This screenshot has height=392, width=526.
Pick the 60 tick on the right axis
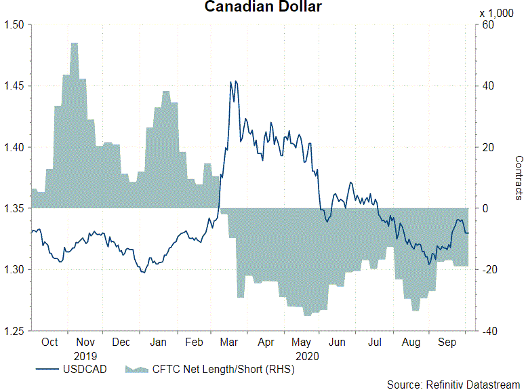coord(487,25)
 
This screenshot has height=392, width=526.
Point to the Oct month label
coord(49,342)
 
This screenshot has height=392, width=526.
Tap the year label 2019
coord(86,355)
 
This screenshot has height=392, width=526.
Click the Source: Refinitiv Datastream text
coord(453,385)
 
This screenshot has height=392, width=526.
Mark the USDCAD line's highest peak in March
coord(231,82)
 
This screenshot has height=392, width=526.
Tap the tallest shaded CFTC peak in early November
coord(74,43)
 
